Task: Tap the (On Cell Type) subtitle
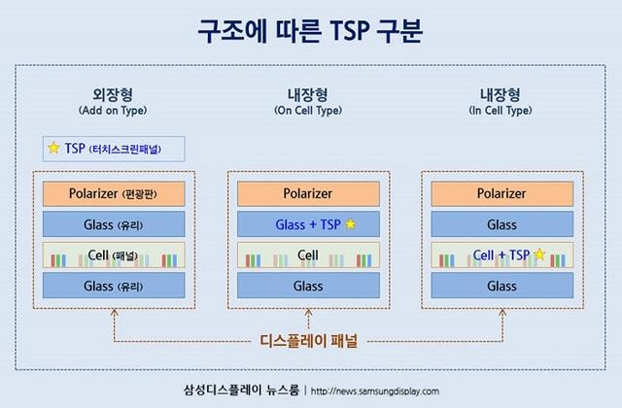click(x=308, y=111)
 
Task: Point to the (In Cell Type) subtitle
click(x=501, y=111)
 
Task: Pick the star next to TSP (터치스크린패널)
click(x=53, y=149)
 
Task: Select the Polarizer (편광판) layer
click(x=114, y=193)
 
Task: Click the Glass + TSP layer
click(x=308, y=224)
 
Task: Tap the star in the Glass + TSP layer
click(x=351, y=224)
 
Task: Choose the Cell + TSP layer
click(x=501, y=255)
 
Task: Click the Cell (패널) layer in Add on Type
click(x=114, y=255)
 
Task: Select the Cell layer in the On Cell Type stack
click(x=308, y=255)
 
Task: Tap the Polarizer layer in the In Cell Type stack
click(x=501, y=193)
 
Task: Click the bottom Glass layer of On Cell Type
click(x=308, y=286)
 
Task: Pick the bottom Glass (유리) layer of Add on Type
click(x=114, y=286)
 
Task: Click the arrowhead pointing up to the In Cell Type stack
click(x=501, y=314)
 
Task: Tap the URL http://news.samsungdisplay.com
click(x=375, y=391)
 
